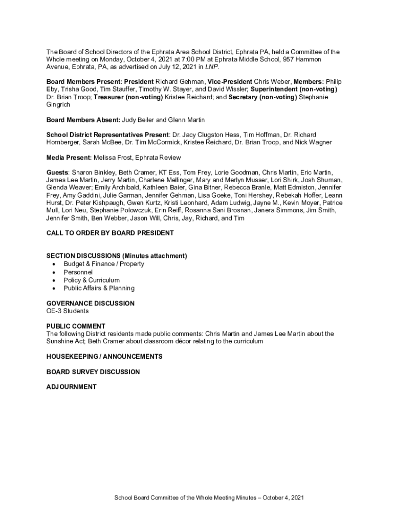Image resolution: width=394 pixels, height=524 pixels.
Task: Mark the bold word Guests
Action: coord(57,172)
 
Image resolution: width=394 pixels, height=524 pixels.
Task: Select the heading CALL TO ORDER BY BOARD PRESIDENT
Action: coord(110,233)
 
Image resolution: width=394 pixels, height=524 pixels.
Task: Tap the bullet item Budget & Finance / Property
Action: coord(104,264)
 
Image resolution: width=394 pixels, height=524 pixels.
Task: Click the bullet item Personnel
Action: coord(78,272)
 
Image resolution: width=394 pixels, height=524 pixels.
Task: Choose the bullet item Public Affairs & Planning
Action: coord(99,288)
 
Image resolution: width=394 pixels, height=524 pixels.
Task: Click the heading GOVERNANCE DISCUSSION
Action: coord(91,303)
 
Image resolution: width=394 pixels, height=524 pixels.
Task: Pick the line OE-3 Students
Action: coord(68,311)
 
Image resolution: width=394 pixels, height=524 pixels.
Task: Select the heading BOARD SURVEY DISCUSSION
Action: coord(93,372)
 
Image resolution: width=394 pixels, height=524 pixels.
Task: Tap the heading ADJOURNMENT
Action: coord(71,387)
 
